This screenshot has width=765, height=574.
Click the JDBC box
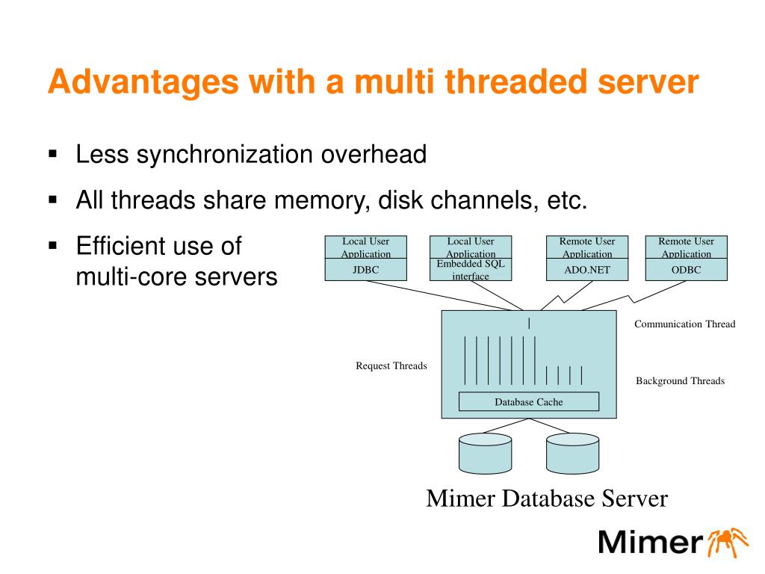click(366, 269)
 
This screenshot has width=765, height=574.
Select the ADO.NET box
click(587, 269)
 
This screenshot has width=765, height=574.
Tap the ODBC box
click(686, 269)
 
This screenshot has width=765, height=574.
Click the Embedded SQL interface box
click(471, 269)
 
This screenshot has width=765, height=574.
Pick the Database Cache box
click(529, 401)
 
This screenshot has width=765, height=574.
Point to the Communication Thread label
click(684, 324)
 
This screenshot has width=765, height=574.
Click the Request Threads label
click(391, 365)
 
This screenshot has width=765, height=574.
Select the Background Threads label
click(680, 380)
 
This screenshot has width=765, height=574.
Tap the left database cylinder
click(486, 454)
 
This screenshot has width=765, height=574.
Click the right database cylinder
click(573, 454)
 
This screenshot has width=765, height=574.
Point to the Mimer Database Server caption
click(547, 499)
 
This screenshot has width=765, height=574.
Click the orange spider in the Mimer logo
click(728, 542)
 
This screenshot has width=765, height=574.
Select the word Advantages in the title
click(143, 82)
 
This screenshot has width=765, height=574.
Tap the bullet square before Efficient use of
click(53, 245)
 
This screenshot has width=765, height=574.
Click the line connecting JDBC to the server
click(445, 296)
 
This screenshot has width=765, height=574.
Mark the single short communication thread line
click(529, 323)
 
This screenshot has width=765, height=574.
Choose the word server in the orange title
click(648, 82)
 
